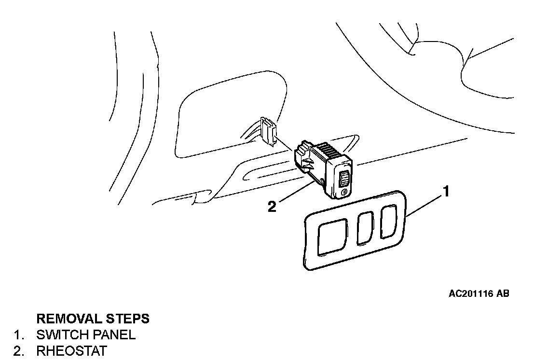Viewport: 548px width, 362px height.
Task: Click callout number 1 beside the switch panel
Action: (446, 192)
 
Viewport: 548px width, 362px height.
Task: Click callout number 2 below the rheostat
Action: (272, 207)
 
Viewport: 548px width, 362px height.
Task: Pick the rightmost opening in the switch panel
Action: (388, 222)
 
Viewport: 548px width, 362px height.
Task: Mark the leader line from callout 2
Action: (294, 194)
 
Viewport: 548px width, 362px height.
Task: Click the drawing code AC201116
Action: (470, 293)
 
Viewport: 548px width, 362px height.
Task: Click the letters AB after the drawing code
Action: (502, 293)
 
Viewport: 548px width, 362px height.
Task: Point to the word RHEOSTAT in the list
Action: (71, 350)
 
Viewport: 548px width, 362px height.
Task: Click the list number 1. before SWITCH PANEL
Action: (19, 334)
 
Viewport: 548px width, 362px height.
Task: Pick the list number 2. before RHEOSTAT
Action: (19, 350)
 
